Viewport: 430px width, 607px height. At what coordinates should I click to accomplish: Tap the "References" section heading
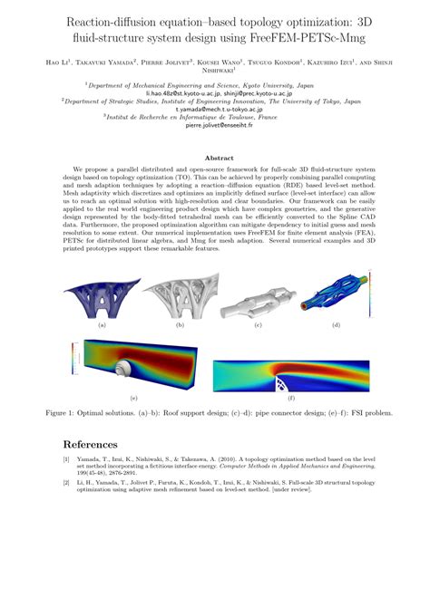coord(90,445)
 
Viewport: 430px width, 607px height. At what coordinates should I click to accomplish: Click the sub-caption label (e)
coord(133,399)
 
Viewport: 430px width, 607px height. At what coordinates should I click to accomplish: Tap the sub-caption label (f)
coord(290,399)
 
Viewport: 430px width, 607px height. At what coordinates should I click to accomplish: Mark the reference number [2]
coord(65,484)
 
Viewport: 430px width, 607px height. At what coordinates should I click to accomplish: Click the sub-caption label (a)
coord(102,324)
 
